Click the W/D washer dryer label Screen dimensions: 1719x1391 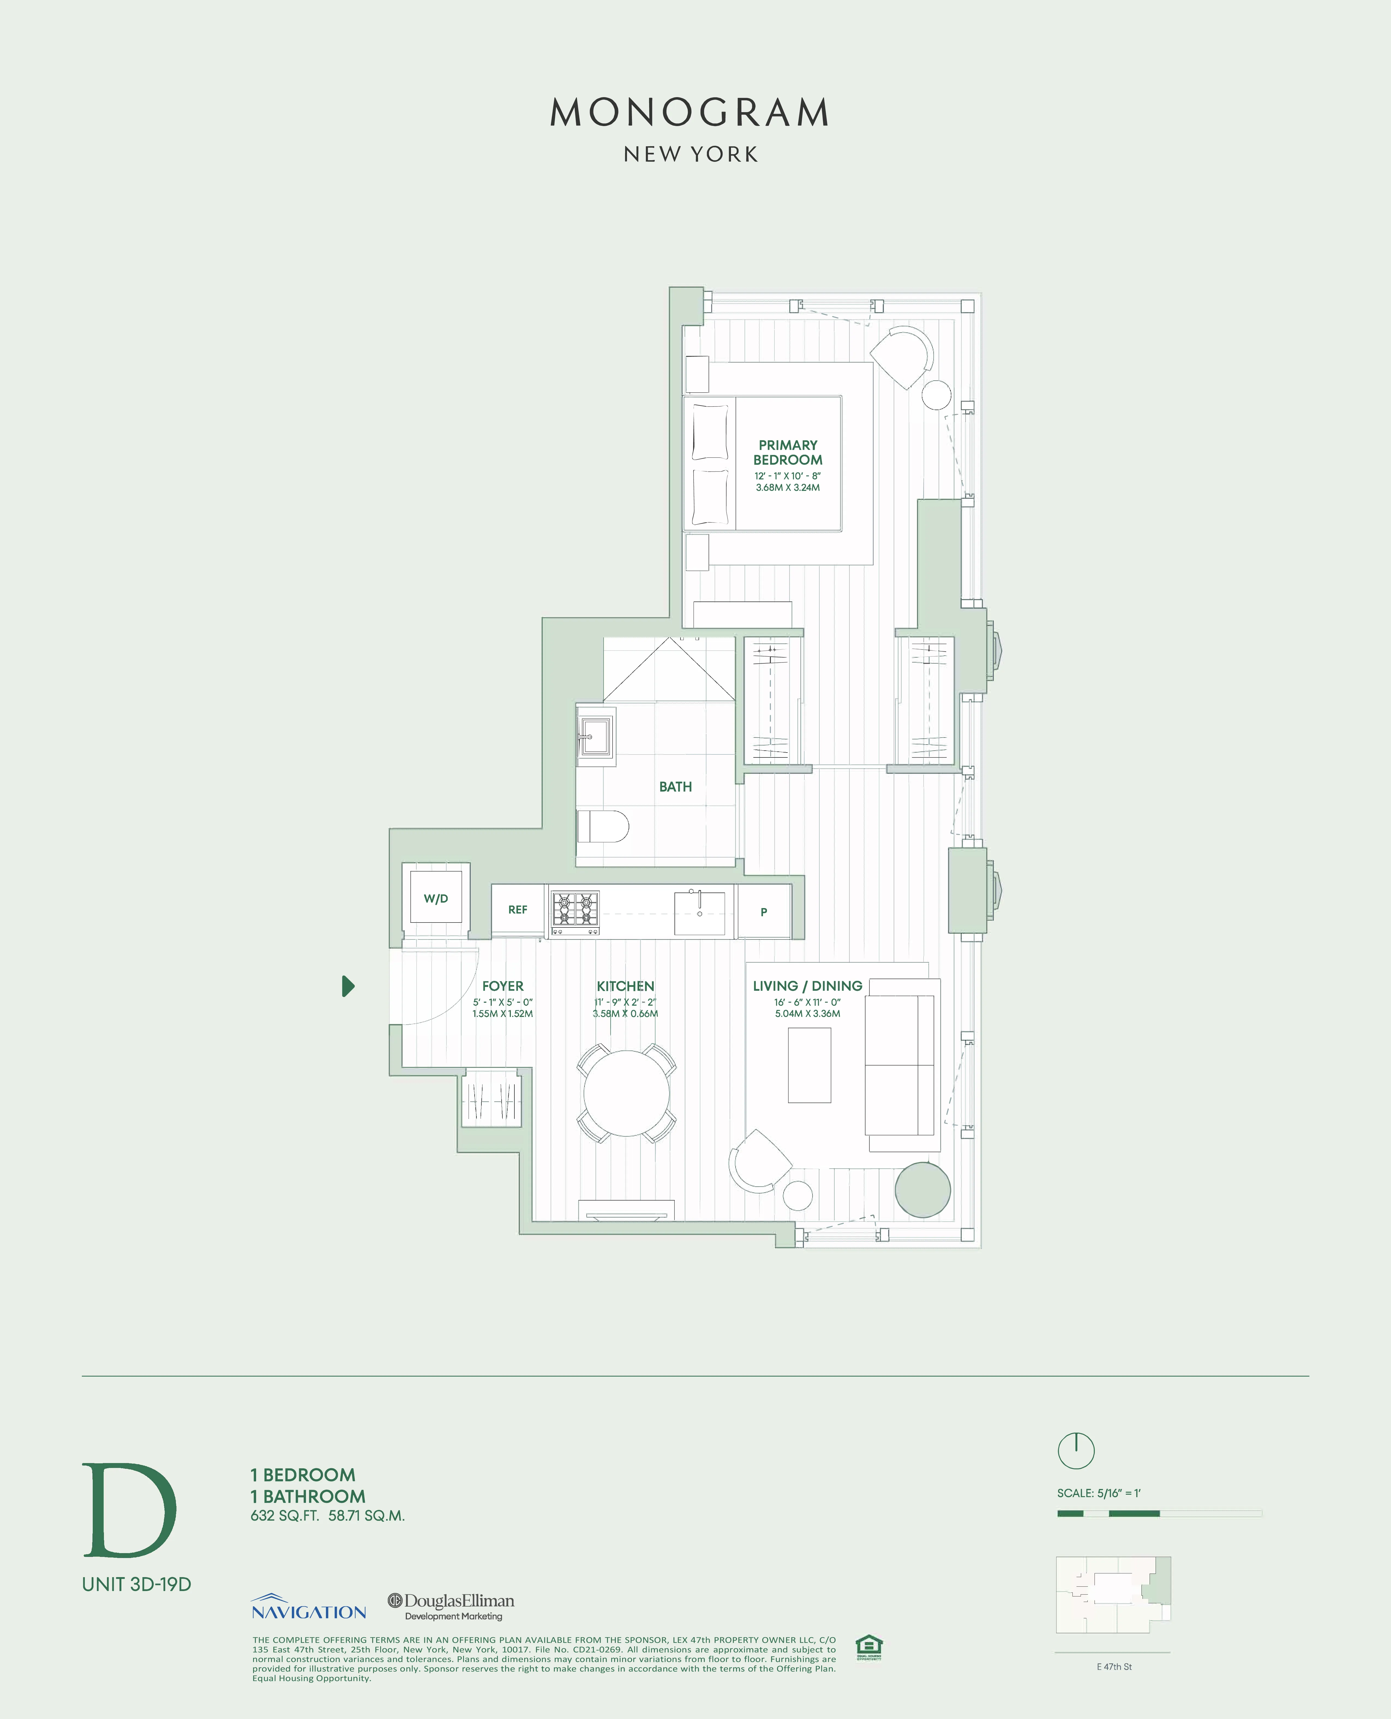(436, 898)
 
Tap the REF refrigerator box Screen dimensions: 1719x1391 (518, 910)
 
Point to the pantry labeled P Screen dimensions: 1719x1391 (764, 912)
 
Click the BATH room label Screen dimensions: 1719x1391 (676, 787)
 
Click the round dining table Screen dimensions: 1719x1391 (626, 1092)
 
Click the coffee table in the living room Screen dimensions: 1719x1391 (809, 1065)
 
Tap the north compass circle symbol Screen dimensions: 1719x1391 (1076, 1451)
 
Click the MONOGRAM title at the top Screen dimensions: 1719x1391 (690, 113)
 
